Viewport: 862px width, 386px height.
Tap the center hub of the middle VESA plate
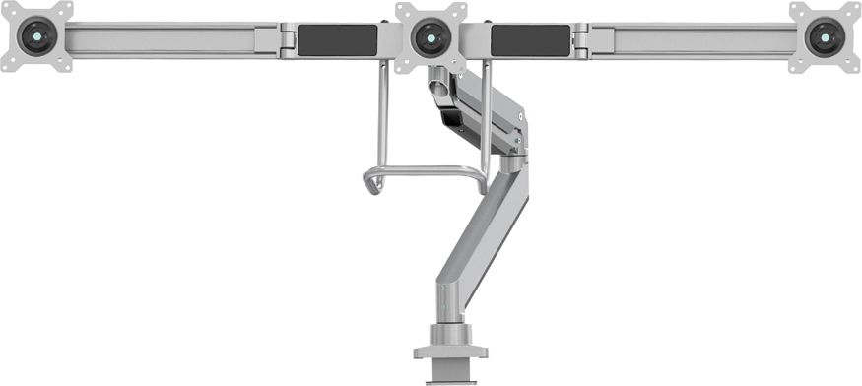pyautogui.click(x=431, y=38)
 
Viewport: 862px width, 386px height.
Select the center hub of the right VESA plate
pyautogui.click(x=825, y=37)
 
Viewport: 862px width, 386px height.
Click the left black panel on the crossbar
pyautogui.click(x=337, y=40)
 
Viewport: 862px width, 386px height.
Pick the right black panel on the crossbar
pyautogui.click(x=529, y=40)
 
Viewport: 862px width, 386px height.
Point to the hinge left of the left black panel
pyautogui.click(x=287, y=40)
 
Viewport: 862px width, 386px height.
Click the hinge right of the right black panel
pyautogui.click(x=580, y=40)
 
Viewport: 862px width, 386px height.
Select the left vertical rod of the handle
pyautogui.click(x=380, y=118)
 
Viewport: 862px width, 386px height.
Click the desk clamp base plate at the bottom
pyautogui.click(x=449, y=351)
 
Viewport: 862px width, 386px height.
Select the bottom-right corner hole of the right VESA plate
pyautogui.click(x=854, y=66)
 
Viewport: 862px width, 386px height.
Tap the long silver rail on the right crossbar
pyautogui.click(x=695, y=39)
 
